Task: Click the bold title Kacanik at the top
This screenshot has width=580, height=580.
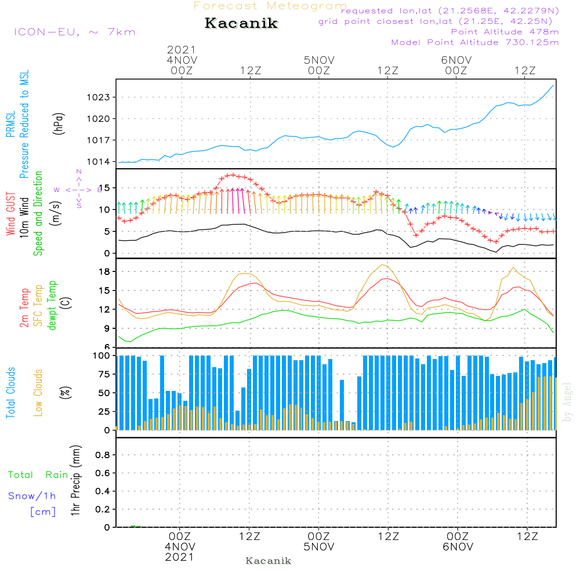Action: (x=241, y=24)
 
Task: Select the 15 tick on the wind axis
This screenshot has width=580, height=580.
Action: (x=105, y=188)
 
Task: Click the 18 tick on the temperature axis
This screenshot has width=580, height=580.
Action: (x=105, y=271)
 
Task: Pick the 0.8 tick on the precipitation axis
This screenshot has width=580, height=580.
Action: (x=103, y=455)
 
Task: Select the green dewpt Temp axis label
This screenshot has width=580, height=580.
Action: (x=53, y=306)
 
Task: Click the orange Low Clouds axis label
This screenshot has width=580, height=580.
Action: (x=39, y=393)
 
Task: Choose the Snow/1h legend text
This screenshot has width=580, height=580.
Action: (x=32, y=496)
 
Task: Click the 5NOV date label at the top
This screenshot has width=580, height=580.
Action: (x=318, y=60)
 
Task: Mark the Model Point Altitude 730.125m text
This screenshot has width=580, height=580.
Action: (x=475, y=42)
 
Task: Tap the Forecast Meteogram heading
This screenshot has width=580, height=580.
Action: (x=270, y=6)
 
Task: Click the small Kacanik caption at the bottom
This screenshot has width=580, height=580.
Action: (x=269, y=561)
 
